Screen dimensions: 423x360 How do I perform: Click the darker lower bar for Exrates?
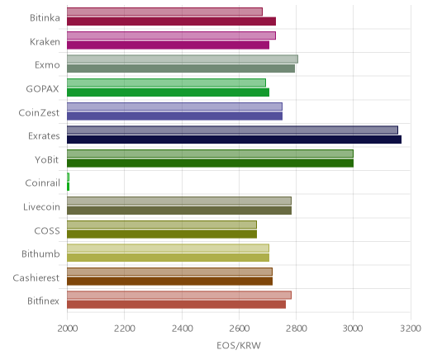pyautogui.click(x=234, y=140)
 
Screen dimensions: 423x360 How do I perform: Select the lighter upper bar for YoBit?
pyautogui.click(x=210, y=154)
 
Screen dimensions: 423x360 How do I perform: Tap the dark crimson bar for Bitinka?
pyautogui.click(x=171, y=21)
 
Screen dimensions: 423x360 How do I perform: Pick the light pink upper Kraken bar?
pyautogui.click(x=171, y=36)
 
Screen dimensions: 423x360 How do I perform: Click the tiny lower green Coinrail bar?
pyautogui.click(x=68, y=187)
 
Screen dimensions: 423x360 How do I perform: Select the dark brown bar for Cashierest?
pyautogui.click(x=169, y=282)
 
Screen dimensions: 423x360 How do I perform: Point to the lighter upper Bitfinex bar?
pyautogui.click(x=179, y=295)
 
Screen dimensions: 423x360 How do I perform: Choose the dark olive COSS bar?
pyautogui.click(x=162, y=234)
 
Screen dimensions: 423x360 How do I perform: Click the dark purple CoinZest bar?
pyautogui.click(x=174, y=116)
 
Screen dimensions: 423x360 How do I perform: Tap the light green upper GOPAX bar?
pyautogui.click(x=166, y=83)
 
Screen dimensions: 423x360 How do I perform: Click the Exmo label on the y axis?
pyautogui.click(x=47, y=65)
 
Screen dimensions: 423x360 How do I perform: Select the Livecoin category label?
pyautogui.click(x=41, y=206)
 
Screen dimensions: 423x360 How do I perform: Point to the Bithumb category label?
pyautogui.click(x=40, y=253)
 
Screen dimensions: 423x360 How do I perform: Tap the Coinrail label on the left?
pyautogui.click(x=42, y=182)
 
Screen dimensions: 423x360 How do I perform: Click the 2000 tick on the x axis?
pyautogui.click(x=68, y=329)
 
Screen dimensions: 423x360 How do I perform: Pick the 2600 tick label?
pyautogui.click(x=240, y=329)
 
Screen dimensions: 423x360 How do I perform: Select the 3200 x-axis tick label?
pyautogui.click(x=411, y=329)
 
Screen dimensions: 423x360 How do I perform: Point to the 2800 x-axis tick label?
pyautogui.click(x=297, y=329)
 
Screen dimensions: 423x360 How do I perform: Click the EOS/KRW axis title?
pyautogui.click(x=239, y=345)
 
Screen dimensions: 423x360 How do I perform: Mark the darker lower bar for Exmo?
pyautogui.click(x=181, y=69)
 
